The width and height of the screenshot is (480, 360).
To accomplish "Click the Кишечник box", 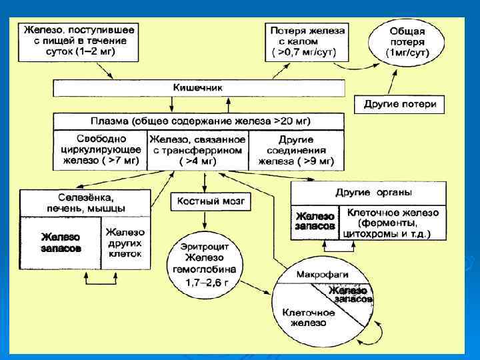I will tap(198, 88).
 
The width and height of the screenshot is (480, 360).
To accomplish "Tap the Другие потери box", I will tap(400, 104).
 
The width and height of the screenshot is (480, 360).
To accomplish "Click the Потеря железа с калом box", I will tap(307, 41).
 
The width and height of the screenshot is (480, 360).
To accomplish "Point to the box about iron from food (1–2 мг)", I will tap(78, 41).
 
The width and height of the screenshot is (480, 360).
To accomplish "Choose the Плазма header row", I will tap(199, 121).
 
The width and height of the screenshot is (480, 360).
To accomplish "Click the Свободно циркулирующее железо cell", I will tap(100, 150).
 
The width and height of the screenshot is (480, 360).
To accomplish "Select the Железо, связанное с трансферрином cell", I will tap(197, 150).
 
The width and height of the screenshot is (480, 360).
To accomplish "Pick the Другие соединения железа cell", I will tap(296, 150).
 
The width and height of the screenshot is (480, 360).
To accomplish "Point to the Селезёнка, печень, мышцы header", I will tap(83, 203).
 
